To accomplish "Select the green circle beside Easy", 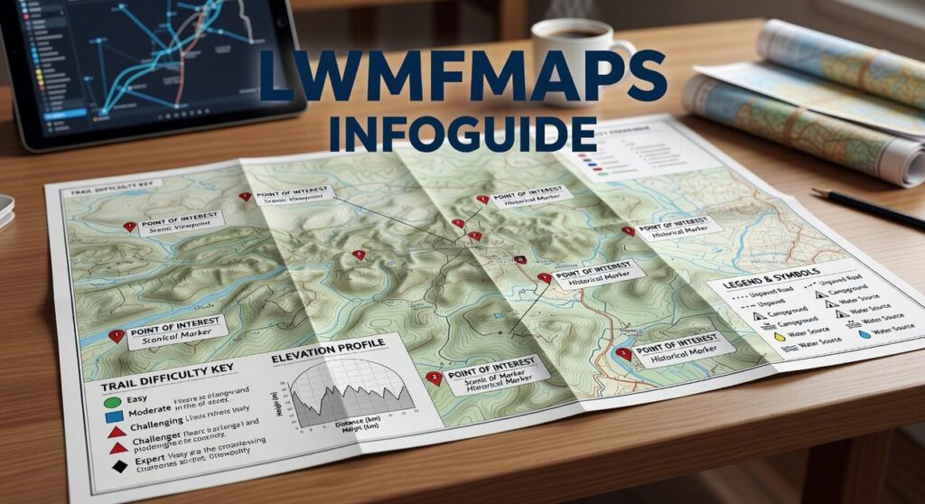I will [x=112, y=400].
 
